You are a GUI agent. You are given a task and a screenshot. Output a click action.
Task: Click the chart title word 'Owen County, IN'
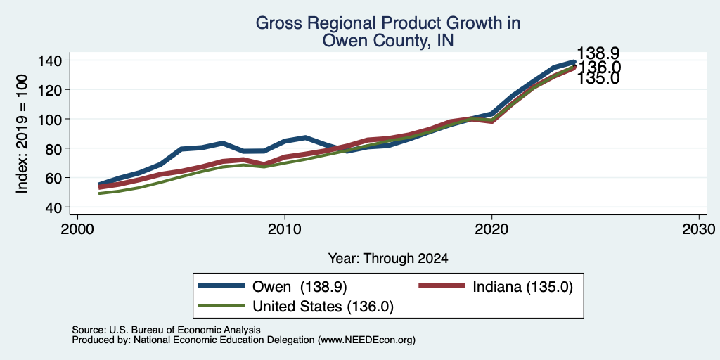coord(388,41)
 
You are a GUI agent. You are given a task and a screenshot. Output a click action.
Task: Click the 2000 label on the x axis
coord(77,229)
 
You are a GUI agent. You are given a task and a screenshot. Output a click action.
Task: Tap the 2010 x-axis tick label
coord(285,229)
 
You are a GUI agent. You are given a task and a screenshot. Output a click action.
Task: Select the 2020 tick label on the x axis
coord(491,229)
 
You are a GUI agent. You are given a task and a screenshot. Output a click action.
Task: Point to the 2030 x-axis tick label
coord(699,229)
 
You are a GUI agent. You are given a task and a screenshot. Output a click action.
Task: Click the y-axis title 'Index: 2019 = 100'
coord(22,134)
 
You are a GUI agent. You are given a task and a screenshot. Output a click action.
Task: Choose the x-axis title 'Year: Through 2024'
coord(388,259)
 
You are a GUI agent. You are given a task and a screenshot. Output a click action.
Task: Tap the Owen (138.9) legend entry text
coord(300,287)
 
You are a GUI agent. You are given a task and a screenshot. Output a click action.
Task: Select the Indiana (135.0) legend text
coord(523,287)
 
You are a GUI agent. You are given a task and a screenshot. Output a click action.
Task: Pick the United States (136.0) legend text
coord(323,307)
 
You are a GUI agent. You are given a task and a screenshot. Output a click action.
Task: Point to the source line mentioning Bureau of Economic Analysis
coord(166,330)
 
